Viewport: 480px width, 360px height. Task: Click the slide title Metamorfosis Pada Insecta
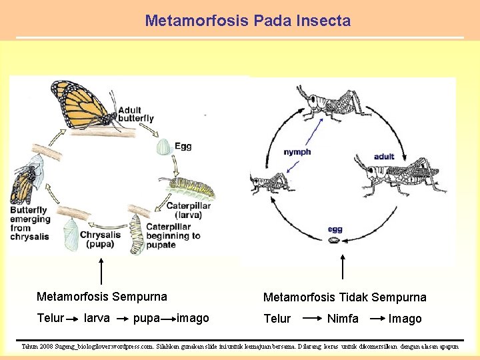(247, 21)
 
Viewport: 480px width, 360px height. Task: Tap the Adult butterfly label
(136, 114)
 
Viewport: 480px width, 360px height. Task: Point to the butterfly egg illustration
(163, 147)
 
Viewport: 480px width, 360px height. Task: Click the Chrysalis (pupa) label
(101, 239)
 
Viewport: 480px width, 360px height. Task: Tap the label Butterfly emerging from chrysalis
(31, 223)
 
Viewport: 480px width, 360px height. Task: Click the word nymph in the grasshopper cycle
(297, 152)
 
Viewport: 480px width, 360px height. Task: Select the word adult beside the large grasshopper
(384, 157)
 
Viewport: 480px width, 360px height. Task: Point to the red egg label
(335, 230)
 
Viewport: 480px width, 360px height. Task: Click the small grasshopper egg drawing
(335, 241)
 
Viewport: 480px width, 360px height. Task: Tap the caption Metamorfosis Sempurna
(102, 297)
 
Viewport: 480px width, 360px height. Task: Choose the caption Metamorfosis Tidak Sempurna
(345, 297)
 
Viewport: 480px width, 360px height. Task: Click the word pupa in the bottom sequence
(146, 318)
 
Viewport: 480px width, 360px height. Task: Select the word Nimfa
(343, 319)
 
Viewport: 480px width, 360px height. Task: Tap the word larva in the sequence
(97, 318)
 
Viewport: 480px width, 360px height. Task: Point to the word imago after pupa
(193, 318)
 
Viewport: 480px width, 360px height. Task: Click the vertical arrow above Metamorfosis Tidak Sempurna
(342, 267)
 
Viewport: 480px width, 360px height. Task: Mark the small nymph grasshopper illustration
(269, 183)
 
